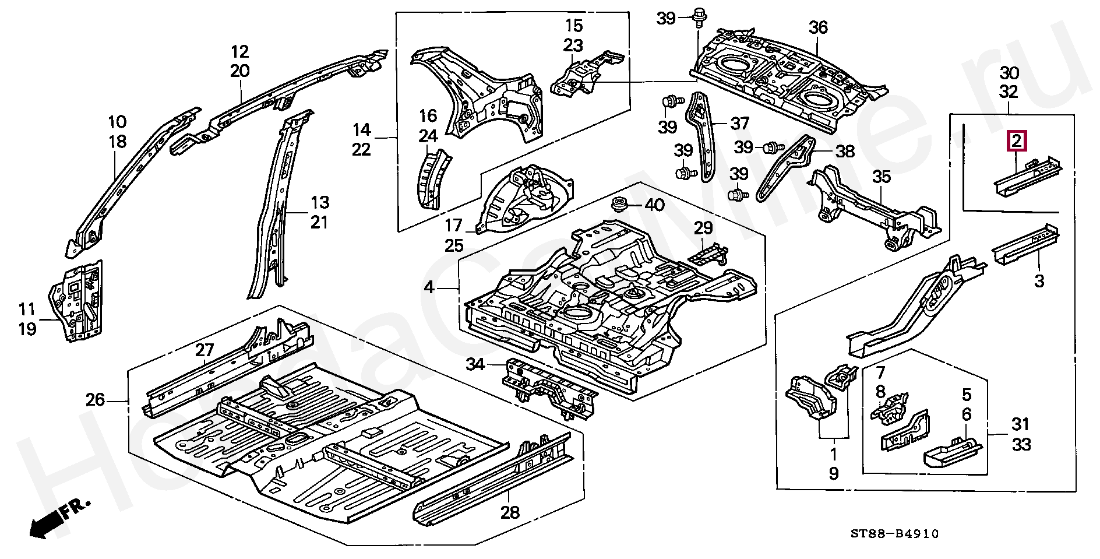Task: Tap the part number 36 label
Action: [x=818, y=27]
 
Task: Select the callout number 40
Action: [x=654, y=205]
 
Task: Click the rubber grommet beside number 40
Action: [x=620, y=206]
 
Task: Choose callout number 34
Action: [x=476, y=365]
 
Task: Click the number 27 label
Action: [x=205, y=350]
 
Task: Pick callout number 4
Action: [x=429, y=287]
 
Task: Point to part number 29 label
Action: [x=703, y=228]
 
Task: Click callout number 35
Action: [x=882, y=177]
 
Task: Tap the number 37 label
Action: [x=739, y=124]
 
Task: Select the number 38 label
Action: [x=845, y=152]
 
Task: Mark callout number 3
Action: [x=1039, y=282]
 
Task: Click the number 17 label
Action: [x=453, y=225]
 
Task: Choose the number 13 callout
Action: [x=319, y=203]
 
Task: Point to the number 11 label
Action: [x=27, y=309]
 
